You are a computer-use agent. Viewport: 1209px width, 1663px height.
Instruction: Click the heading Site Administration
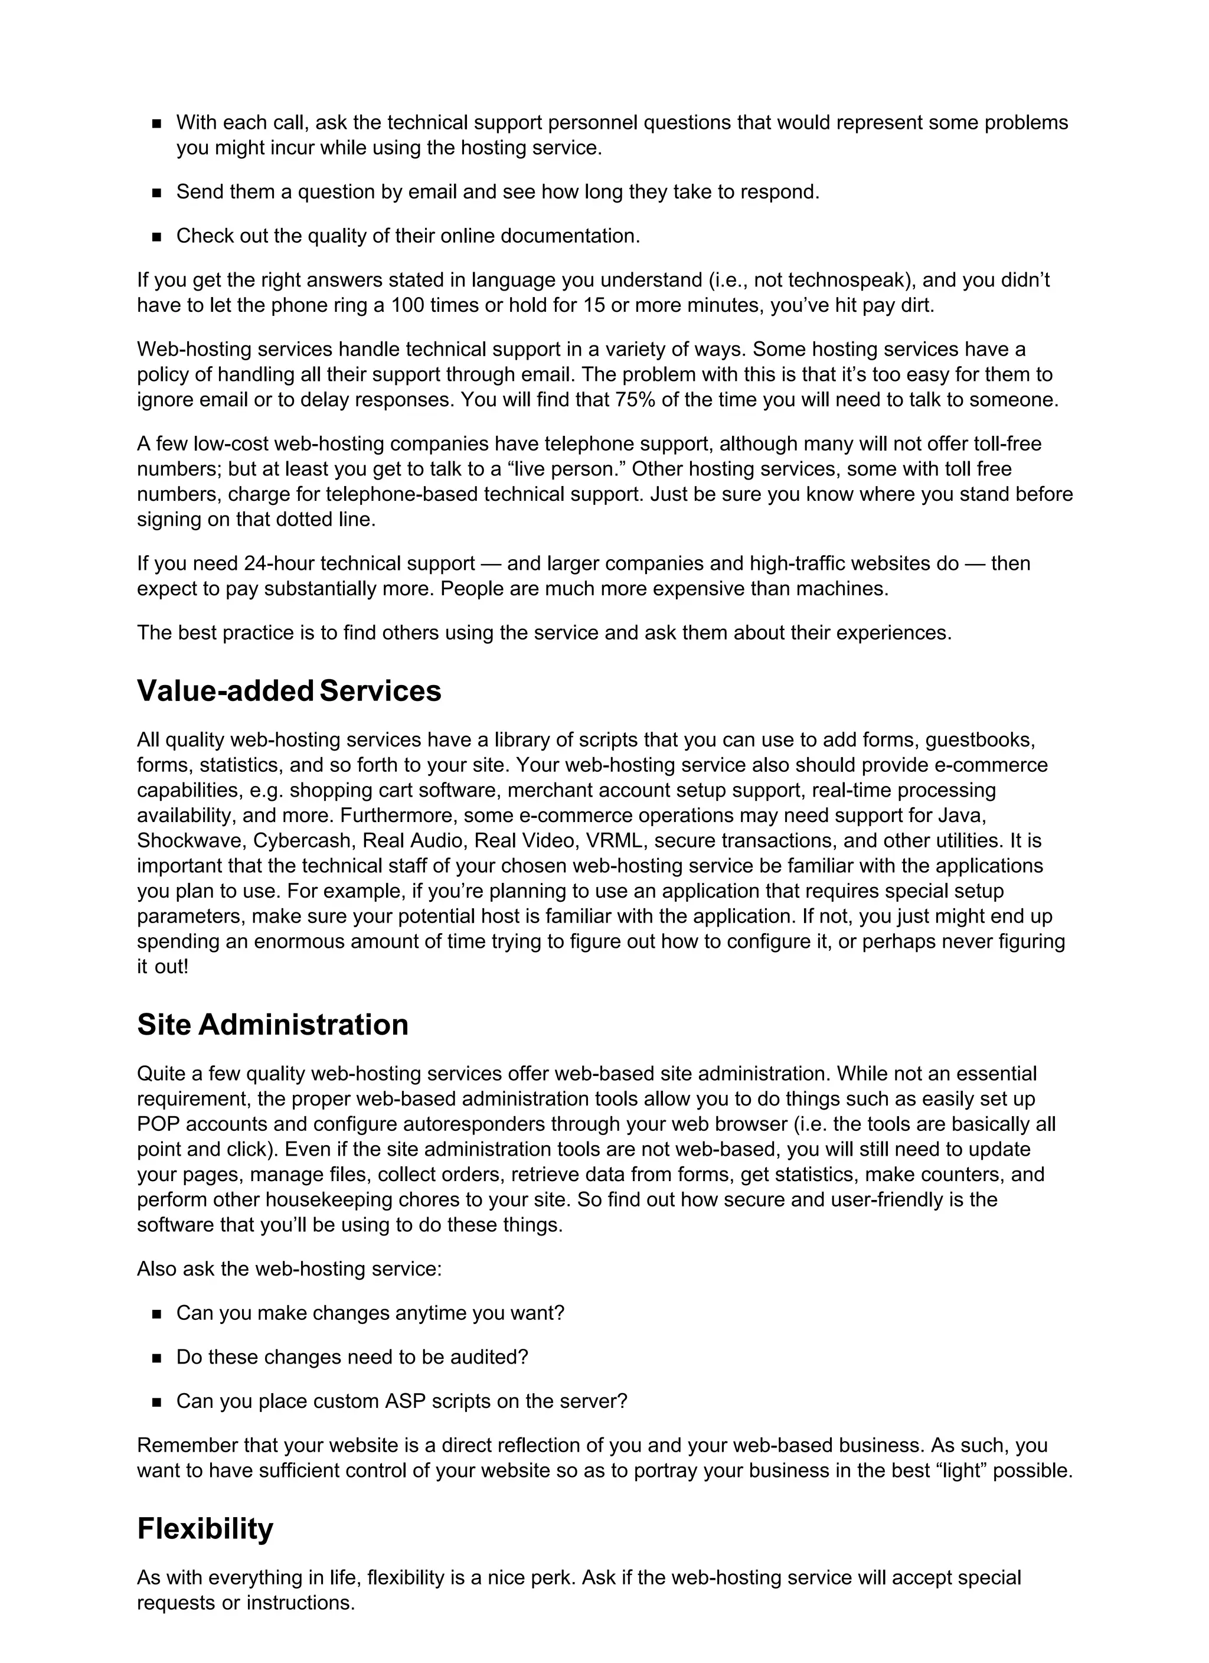(272, 1025)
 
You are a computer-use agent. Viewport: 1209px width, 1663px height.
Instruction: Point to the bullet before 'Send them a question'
(156, 193)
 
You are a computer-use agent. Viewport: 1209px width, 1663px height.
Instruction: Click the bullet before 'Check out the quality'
(156, 237)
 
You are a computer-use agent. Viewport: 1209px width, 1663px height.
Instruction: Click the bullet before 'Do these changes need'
(156, 1358)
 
